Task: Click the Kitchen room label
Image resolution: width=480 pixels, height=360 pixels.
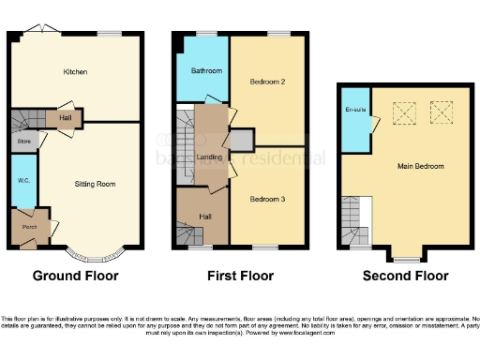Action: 75,72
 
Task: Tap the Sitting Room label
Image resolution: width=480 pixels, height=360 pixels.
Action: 95,185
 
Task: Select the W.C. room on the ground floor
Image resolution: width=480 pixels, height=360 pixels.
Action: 22,180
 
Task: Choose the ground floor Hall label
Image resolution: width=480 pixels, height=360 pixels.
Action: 64,118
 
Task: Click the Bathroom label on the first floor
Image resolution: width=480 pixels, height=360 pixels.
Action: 206,71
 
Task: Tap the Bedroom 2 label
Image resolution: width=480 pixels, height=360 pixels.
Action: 267,82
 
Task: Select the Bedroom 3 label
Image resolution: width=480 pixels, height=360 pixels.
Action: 267,199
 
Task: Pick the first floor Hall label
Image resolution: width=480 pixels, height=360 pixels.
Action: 206,217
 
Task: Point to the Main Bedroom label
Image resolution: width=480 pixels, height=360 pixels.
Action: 420,166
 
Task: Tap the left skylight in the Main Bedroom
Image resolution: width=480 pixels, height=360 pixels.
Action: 404,113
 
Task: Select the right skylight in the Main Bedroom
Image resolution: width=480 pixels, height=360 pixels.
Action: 440,113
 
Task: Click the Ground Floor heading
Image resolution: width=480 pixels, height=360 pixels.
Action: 75,276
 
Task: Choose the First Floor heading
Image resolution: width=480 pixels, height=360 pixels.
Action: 240,276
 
